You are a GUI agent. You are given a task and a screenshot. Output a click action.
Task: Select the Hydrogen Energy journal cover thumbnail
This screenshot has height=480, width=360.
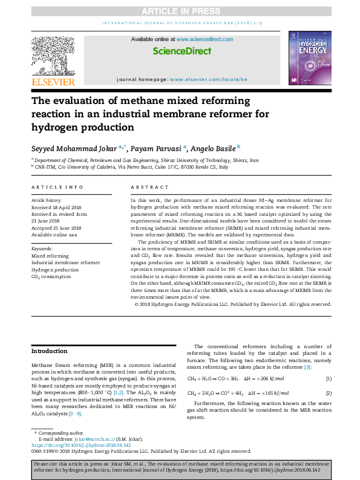click(x=309, y=59)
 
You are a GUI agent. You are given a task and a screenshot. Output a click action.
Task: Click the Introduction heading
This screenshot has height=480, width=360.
click(x=50, y=351)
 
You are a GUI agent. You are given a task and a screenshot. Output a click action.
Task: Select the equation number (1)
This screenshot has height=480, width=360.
click(x=329, y=378)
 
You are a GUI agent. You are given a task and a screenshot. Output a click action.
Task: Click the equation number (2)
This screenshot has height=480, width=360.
click(x=329, y=393)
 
